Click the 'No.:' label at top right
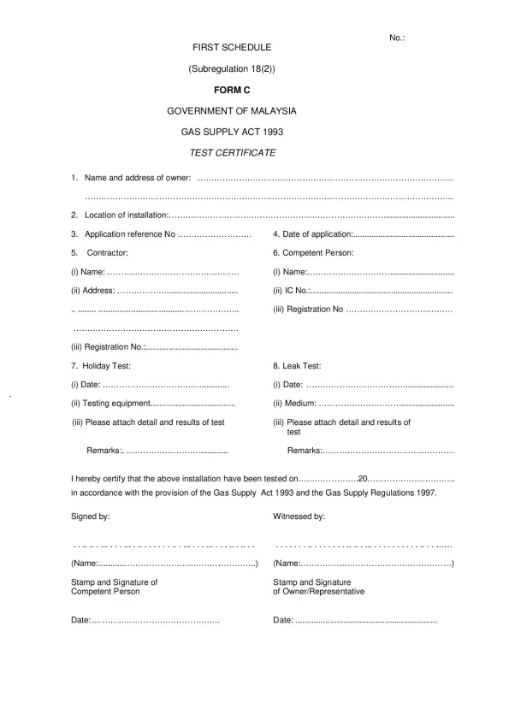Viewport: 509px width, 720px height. [397, 38]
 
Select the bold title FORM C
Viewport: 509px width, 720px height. [232, 90]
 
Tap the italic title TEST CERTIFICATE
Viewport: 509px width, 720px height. [232, 153]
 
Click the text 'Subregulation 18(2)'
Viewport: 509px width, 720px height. [232, 69]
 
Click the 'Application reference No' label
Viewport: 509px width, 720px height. [129, 234]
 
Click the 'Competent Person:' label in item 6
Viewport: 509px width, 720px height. [317, 253]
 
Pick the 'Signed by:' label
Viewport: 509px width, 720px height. [90, 516]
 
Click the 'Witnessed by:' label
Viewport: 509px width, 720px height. [299, 516]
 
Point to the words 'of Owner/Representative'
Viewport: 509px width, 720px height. [318, 592]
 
